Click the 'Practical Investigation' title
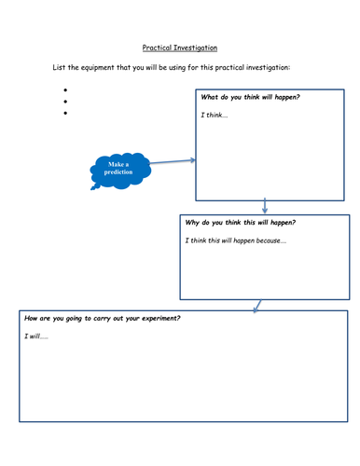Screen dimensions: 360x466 click(x=180, y=47)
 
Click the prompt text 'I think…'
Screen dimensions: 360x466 click(x=215, y=115)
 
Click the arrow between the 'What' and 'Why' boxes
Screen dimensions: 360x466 click(x=265, y=206)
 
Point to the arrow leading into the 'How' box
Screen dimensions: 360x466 click(x=257, y=305)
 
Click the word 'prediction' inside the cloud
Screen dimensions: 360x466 click(x=118, y=172)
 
